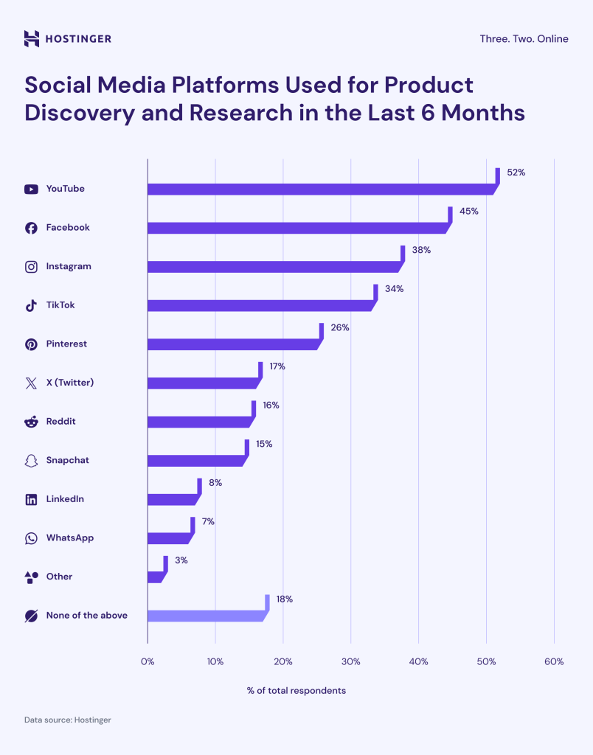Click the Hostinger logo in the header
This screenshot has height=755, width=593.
[68, 38]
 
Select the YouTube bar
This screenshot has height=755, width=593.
[320, 189]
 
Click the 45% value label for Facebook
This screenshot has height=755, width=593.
[468, 211]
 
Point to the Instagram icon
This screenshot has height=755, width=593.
[31, 267]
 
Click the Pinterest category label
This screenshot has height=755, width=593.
[66, 344]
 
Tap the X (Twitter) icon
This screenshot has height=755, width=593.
[31, 383]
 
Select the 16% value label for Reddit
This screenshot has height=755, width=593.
[271, 406]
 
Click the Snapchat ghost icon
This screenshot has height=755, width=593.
[31, 461]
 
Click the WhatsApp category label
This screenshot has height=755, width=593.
[69, 538]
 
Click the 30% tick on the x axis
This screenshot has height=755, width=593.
[350, 662]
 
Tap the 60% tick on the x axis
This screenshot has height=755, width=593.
[553, 662]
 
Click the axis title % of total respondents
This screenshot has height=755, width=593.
[296, 691]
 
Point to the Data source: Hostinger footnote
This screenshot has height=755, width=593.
[67, 720]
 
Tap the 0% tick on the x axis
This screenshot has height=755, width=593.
[148, 662]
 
